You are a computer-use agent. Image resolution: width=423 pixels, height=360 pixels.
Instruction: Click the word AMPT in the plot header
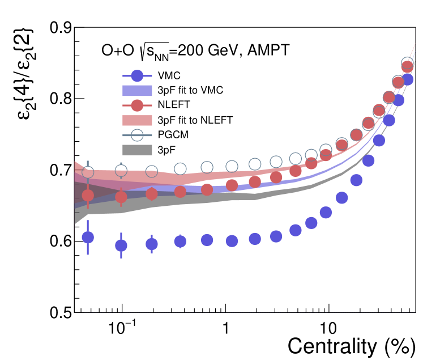267,51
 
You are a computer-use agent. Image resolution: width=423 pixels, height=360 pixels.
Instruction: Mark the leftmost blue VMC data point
88,238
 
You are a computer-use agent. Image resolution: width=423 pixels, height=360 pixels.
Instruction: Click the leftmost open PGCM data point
88,172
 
